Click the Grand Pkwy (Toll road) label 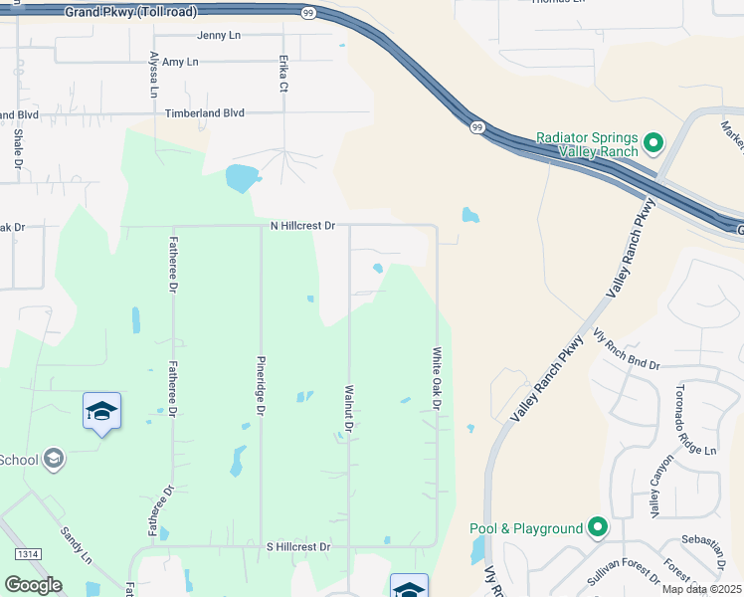point(130,13)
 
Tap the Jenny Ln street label point(220,35)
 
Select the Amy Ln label point(180,62)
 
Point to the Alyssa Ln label point(154,75)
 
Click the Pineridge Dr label point(261,384)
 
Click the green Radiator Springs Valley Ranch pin point(653,144)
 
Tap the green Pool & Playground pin point(597,527)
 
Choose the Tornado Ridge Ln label point(695,420)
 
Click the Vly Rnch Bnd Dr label point(626,349)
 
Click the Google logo point(33,585)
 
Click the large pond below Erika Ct point(242,178)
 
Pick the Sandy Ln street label point(77,546)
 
